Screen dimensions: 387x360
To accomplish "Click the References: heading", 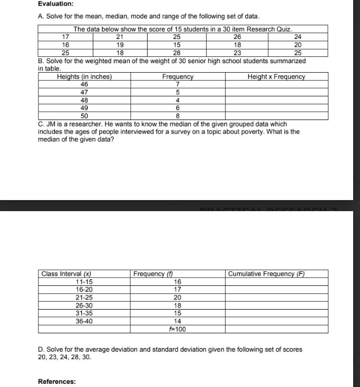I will (x=56, y=382).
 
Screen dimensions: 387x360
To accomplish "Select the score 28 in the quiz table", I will (x=177, y=53).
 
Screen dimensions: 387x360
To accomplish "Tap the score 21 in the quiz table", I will (x=120, y=37).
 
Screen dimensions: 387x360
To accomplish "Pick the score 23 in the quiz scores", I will (x=237, y=53).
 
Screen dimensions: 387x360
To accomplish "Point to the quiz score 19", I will (x=120, y=45).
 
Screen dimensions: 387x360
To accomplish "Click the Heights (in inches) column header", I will (x=84, y=77).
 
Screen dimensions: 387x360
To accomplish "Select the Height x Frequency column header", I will (x=276, y=77).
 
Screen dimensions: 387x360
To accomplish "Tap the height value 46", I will (x=84, y=84).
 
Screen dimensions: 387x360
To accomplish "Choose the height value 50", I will (x=84, y=115).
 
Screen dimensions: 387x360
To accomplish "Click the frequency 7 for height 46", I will (x=178, y=84).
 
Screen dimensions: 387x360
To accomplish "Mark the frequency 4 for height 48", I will (x=178, y=100).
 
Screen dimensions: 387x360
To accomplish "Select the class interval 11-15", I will (x=84, y=282).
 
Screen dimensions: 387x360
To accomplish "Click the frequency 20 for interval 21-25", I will (x=178, y=297).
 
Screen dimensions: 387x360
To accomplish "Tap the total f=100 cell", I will (x=178, y=330).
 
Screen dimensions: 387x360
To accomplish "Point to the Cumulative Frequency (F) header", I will (x=267, y=274).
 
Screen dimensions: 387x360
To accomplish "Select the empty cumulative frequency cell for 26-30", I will (x=276, y=305).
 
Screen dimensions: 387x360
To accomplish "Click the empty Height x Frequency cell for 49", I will (x=276, y=107).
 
